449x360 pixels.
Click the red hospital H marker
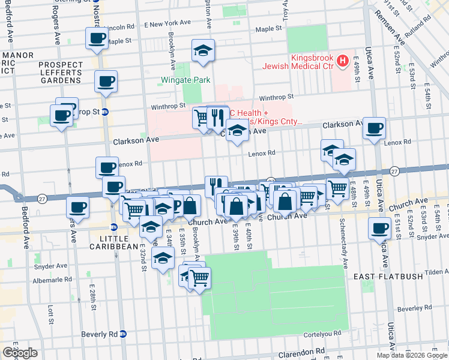click(x=342, y=61)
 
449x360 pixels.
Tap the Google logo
click(x=20, y=353)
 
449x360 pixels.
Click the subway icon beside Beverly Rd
click(x=122, y=334)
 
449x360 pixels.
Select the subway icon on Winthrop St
click(x=104, y=112)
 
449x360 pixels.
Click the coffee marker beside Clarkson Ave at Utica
click(x=374, y=127)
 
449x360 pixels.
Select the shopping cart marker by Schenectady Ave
click(x=337, y=188)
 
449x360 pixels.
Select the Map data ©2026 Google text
click(x=411, y=355)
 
